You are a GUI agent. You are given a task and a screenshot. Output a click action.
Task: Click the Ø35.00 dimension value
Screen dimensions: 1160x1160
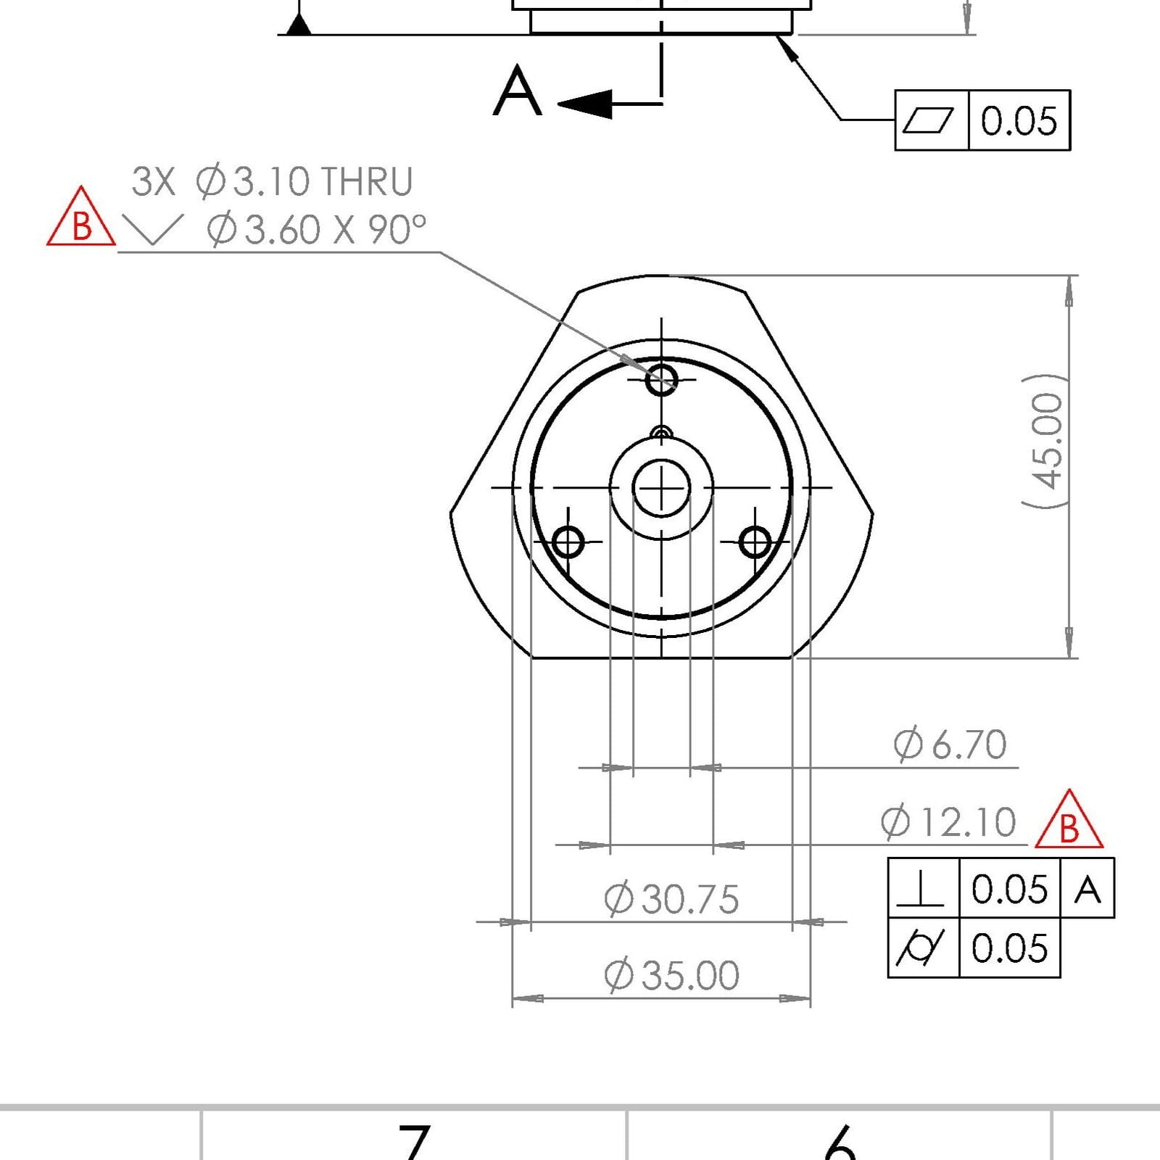(x=671, y=975)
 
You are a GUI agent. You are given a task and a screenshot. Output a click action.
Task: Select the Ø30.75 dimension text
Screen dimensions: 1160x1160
(x=671, y=899)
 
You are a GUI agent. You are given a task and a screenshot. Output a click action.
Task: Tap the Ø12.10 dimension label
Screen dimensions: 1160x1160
(x=948, y=823)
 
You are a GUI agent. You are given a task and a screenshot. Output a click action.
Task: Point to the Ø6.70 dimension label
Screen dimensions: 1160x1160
(x=950, y=745)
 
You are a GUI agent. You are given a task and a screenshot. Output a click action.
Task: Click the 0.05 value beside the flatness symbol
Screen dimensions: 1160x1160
(x=1019, y=120)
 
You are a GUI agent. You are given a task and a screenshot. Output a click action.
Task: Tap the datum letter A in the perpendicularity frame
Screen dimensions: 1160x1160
(x=1087, y=889)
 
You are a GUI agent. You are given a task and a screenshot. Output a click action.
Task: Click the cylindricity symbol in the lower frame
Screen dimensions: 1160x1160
(x=921, y=948)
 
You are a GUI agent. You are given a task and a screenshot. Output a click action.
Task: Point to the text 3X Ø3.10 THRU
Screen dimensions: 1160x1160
(x=272, y=181)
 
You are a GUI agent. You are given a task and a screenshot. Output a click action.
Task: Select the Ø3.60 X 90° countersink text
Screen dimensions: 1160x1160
(x=316, y=229)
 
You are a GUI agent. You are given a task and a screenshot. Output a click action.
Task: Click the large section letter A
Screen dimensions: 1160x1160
(x=517, y=91)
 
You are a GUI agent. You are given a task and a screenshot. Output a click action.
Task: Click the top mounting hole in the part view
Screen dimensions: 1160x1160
(x=661, y=378)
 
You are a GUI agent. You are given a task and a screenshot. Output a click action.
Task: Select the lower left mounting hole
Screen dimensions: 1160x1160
(x=568, y=542)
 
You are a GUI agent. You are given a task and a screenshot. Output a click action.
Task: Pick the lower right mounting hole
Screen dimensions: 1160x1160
(x=755, y=542)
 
